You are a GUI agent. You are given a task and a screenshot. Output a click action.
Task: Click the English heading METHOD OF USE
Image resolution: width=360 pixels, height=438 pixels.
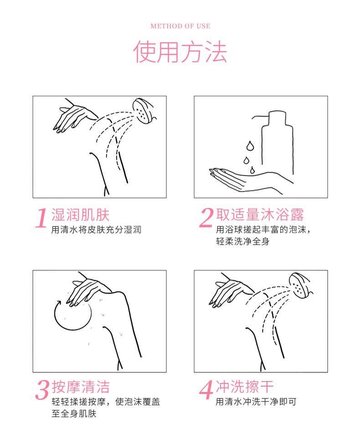coord(180,26)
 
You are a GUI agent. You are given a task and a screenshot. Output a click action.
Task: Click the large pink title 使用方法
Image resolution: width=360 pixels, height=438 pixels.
coord(180,52)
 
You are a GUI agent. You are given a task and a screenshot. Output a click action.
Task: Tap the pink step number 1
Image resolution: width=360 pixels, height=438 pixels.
coord(41,218)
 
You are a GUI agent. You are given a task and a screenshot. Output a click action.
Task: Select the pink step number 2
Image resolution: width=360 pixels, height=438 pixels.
coord(206,218)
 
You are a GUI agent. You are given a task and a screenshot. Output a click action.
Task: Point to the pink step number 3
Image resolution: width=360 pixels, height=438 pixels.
coord(42,390)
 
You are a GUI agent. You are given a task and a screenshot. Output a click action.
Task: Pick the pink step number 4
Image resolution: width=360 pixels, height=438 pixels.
coord(206,390)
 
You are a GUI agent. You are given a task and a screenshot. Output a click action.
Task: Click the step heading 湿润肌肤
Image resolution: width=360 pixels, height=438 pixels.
coord(81,215)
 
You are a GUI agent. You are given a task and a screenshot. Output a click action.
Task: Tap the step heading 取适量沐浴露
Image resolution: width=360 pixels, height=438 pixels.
coord(260,214)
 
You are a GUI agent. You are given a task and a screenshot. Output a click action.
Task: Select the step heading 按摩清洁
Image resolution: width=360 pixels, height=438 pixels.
coord(81,387)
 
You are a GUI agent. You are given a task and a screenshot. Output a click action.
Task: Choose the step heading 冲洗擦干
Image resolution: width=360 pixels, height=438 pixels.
coord(245,387)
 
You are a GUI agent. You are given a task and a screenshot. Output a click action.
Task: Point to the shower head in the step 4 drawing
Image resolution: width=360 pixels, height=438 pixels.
coord(300,285)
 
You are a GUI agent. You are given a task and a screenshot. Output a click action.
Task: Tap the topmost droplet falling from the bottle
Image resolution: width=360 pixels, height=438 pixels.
coord(250,146)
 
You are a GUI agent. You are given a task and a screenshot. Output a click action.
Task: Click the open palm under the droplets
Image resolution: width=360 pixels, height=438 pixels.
coord(246,179)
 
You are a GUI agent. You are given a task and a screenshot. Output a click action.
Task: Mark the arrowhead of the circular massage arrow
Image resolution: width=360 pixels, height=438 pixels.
coord(58,303)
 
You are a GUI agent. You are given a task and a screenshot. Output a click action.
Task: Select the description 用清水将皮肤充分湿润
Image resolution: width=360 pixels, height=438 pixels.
coord(96,229)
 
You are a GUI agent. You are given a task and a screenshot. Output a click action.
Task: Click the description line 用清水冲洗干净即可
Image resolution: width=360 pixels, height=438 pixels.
coord(256,402)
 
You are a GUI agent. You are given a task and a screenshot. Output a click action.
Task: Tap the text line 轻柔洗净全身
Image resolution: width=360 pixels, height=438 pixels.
coord(242,241)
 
